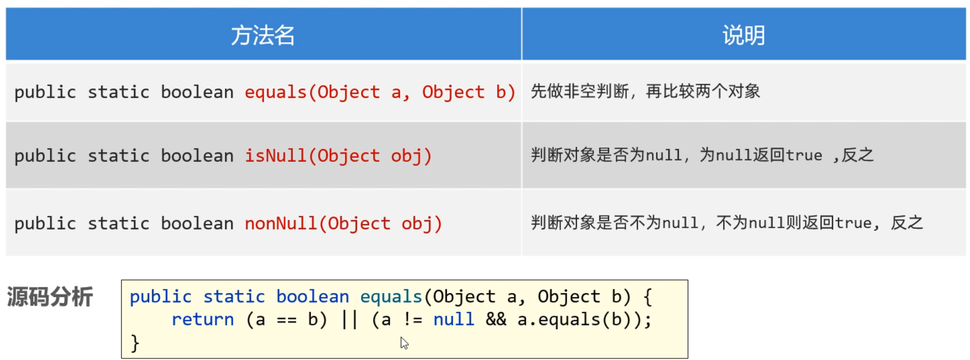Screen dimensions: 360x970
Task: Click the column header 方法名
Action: [x=262, y=35]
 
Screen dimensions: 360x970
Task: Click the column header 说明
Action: [x=743, y=35]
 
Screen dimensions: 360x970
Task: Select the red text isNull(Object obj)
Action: [x=338, y=156]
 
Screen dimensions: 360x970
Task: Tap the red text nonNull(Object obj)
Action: [x=343, y=223]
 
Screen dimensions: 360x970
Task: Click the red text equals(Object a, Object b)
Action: [x=380, y=92]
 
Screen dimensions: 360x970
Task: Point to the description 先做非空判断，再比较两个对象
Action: [x=645, y=92]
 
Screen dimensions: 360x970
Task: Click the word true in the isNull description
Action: [x=804, y=156]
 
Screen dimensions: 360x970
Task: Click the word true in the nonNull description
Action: [x=854, y=223]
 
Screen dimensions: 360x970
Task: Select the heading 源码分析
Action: [x=50, y=297]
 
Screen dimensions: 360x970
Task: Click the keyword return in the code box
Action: [x=202, y=320]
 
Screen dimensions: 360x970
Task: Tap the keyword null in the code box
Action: [x=453, y=320]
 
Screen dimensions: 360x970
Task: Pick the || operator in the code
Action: [x=349, y=320]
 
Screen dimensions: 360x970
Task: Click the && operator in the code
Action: [x=496, y=320]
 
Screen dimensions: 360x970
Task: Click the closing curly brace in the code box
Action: [x=134, y=343]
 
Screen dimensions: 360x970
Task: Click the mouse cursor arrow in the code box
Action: [x=404, y=343]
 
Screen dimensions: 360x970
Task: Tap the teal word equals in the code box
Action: [x=391, y=297]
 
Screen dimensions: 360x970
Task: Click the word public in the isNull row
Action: [x=45, y=156]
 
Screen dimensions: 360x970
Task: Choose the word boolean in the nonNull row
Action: [x=197, y=223]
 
